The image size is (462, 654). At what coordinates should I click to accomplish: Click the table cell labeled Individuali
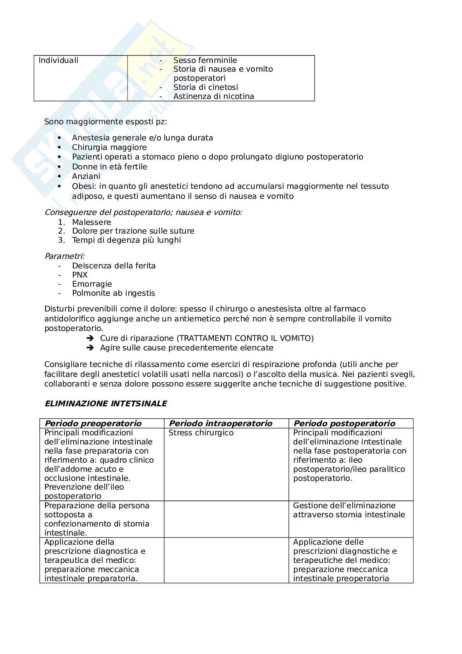coord(58,60)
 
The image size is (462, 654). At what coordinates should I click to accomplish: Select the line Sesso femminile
coord(205,60)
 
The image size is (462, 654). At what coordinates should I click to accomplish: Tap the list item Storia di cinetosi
coord(205,87)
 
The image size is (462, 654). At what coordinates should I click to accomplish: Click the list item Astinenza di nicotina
coord(214,97)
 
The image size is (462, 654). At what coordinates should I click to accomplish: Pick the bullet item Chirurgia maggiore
coord(109,147)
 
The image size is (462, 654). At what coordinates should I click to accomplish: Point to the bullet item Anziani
coord(86,176)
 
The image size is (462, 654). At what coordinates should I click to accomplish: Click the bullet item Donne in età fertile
coord(109,167)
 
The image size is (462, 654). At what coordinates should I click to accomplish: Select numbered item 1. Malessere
coord(91,222)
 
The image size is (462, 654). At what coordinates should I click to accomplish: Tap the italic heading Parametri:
coord(65,256)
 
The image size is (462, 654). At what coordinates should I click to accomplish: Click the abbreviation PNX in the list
coord(80,275)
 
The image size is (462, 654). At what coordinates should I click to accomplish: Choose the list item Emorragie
coord(92,284)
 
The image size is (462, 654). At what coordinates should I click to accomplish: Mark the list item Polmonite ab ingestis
coord(113,293)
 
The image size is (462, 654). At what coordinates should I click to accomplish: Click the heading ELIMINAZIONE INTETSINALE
coord(106,404)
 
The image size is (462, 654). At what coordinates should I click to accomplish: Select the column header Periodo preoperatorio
coord(93,423)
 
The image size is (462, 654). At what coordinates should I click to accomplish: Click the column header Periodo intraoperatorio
coord(221,423)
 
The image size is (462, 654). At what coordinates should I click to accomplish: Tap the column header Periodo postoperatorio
coord(344,423)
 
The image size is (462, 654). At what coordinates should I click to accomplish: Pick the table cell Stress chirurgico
coord(201,433)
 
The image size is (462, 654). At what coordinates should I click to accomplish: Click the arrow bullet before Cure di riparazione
coord(89,338)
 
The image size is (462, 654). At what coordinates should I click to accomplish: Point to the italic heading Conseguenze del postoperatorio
coord(143,212)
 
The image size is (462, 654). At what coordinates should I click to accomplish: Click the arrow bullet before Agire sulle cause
coord(89,348)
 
